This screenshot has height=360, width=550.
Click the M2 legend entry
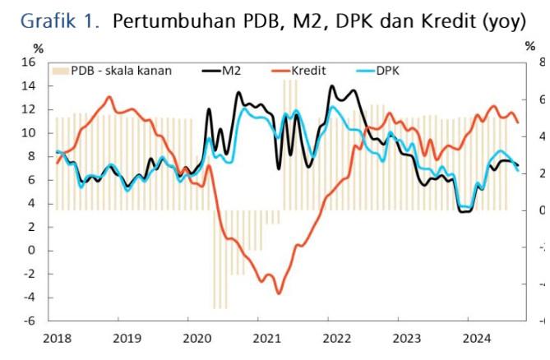[221, 70]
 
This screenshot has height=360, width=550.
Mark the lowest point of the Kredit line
[279, 293]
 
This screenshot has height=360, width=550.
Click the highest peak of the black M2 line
[331, 86]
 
